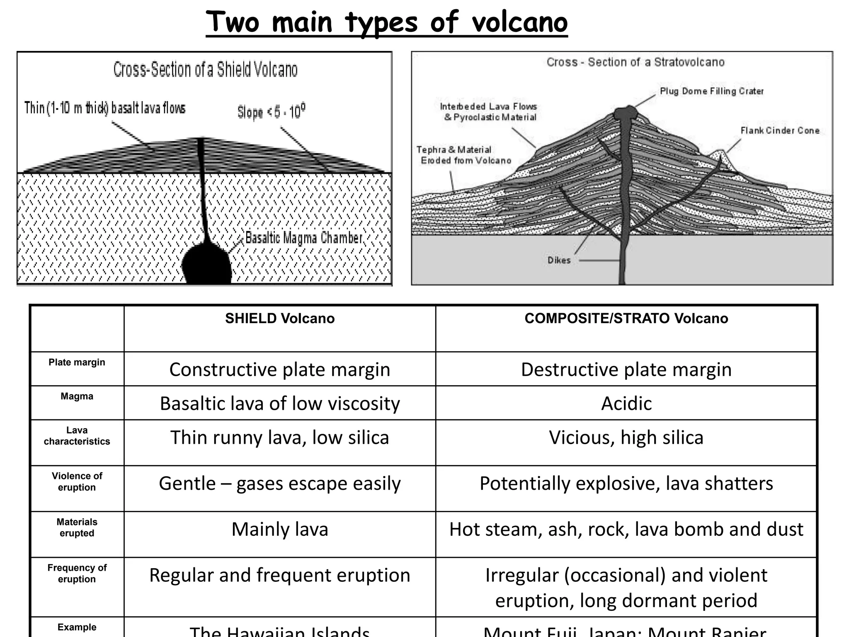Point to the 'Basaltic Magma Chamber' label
coord(304,238)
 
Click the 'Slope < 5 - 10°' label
coord(271,112)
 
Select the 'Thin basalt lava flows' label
coord(105,108)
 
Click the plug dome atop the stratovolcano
coord(625,112)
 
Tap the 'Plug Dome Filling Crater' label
coord(711,91)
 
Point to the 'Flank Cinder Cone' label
coord(780,131)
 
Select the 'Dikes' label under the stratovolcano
coord(559,260)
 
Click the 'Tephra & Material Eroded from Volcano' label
coord(463,155)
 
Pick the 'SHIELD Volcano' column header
coord(280,318)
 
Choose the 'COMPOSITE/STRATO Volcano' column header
coord(626,318)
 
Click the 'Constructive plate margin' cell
coord(280,370)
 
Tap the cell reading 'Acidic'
coord(626,404)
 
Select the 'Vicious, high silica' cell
coord(626,438)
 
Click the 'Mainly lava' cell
coord(280,530)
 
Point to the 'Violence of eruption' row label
coord(77,481)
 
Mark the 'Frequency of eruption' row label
coord(77,573)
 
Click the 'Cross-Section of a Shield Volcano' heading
coord(205,70)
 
